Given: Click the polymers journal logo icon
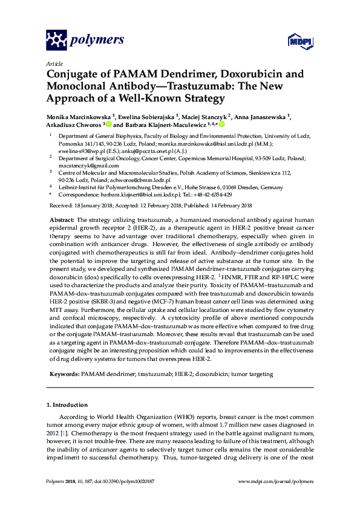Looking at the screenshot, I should coord(57,41).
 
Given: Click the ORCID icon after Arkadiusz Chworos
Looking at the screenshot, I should coord(110,124).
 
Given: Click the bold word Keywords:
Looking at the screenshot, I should coord(64,374).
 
